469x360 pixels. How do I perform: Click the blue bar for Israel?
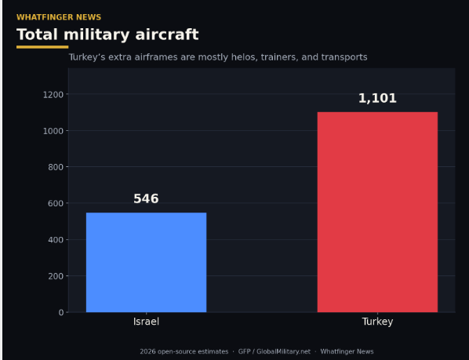tap(146, 262)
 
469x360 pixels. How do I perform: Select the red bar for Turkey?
tap(377, 212)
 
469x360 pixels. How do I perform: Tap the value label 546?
tap(146, 199)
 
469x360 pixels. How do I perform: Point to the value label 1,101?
tap(377, 98)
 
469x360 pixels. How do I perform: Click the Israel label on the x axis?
tap(146, 322)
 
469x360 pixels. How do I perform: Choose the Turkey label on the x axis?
tap(377, 322)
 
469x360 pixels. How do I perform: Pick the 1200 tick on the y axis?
tap(53, 95)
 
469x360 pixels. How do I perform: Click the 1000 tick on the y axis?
tap(53, 131)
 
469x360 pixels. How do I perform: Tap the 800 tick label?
tap(56, 167)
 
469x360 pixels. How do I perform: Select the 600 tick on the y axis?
tap(56, 203)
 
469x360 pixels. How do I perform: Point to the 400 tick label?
tap(56, 240)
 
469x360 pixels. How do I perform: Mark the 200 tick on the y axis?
tap(56, 276)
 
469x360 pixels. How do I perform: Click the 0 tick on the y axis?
tap(61, 312)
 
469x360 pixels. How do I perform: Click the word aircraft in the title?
tap(167, 35)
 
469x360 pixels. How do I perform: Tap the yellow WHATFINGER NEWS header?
tap(59, 17)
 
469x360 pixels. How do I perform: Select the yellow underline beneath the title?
tap(42, 47)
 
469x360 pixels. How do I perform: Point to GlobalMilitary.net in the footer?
tap(283, 351)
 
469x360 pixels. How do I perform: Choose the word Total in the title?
tap(37, 35)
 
